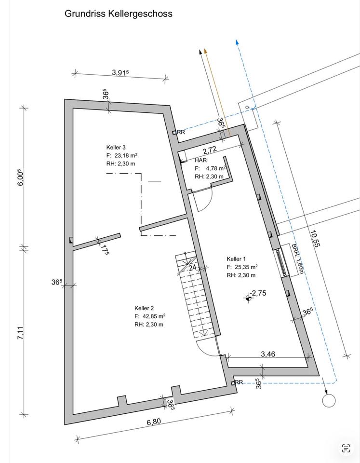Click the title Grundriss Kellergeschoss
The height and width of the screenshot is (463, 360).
[119, 14]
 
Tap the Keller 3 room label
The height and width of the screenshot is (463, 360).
[116, 148]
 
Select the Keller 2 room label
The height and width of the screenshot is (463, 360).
[144, 308]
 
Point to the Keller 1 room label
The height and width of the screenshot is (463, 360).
[236, 259]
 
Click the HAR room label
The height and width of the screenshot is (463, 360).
[201, 160]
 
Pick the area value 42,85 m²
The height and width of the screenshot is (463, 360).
[154, 316]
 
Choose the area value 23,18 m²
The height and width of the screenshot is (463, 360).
[126, 155]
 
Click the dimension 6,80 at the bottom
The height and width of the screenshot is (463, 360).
[154, 422]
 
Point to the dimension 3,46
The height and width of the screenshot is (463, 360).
[268, 354]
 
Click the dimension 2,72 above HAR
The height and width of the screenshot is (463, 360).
[210, 150]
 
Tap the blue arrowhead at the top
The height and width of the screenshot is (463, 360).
[237, 42]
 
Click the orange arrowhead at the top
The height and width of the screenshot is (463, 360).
[206, 51]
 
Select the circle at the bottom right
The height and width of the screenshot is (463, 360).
[329, 401]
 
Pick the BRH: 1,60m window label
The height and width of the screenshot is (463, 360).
[297, 259]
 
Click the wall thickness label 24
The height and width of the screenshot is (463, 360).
[192, 268]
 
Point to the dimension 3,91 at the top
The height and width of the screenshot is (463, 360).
[120, 72]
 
